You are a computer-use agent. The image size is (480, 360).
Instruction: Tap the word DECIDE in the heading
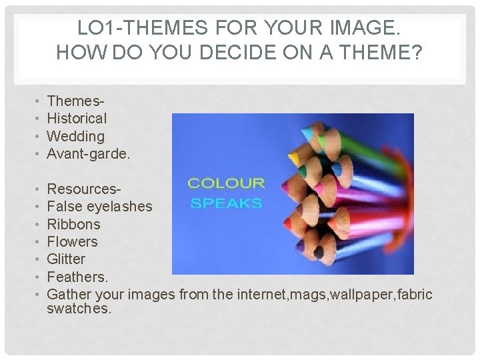(x=231, y=53)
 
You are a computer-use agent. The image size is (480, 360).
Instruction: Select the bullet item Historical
(x=77, y=119)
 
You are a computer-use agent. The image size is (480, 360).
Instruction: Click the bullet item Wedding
(x=76, y=136)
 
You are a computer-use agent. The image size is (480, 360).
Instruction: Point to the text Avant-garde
(x=89, y=153)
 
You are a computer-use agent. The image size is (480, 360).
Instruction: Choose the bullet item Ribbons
(x=73, y=224)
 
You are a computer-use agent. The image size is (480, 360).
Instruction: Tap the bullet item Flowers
(x=72, y=241)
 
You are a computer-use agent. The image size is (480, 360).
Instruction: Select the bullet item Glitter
(x=67, y=259)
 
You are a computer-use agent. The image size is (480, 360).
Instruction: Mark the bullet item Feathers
(x=77, y=276)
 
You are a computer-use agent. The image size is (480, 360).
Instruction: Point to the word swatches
(x=79, y=309)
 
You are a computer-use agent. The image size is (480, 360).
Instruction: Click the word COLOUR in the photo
(x=227, y=183)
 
